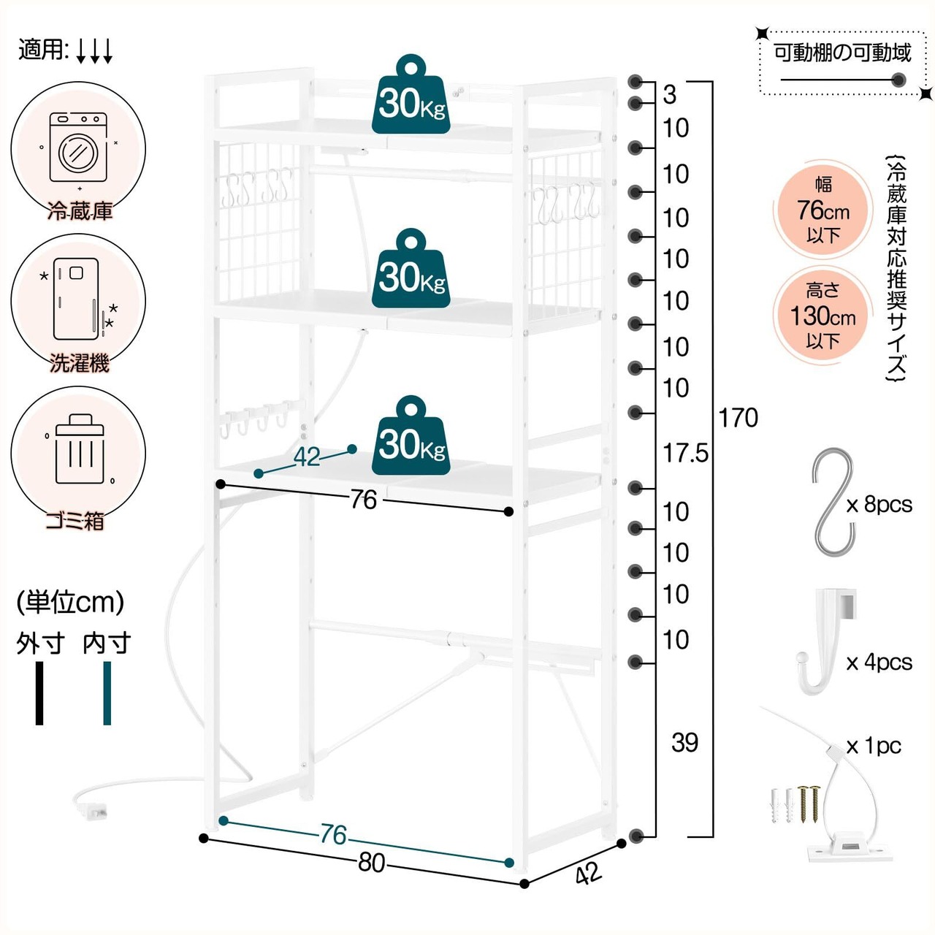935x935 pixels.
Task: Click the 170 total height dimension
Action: [x=738, y=418]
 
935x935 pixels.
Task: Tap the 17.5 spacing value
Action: [x=686, y=453]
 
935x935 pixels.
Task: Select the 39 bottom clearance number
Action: [x=684, y=742]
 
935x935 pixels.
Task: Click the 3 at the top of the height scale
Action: [x=670, y=95]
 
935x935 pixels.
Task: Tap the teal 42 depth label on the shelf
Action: [x=307, y=457]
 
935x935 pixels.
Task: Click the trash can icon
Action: [x=80, y=449]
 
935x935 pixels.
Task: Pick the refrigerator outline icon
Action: [x=76, y=299]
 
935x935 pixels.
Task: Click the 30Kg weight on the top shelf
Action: [x=411, y=94]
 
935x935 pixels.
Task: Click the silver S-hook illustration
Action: [x=833, y=502]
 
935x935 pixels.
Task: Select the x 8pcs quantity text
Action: [x=879, y=505]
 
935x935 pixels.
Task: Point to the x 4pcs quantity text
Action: [x=879, y=663]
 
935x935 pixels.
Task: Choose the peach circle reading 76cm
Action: [x=823, y=210]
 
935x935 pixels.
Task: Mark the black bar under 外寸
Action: [x=39, y=693]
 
